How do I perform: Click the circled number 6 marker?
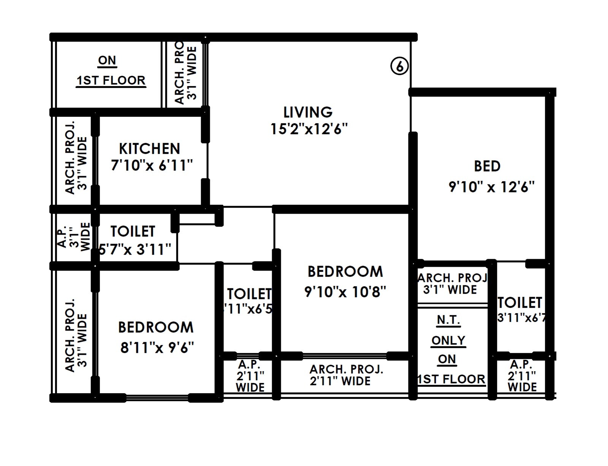point(399,66)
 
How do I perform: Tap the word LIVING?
point(308,112)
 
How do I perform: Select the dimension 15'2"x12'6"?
point(309,129)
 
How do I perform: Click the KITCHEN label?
point(149,148)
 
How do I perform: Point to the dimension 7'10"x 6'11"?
point(152,165)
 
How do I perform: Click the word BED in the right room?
point(487,166)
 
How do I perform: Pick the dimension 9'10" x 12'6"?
point(491,187)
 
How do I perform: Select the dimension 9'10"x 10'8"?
point(345,292)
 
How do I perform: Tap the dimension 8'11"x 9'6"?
point(157,347)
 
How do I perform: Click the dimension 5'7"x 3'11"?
point(135,249)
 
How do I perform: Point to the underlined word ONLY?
point(448,340)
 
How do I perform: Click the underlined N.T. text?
point(448,320)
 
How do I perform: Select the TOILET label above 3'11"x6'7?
point(520,303)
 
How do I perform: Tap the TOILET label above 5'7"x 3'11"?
point(133,231)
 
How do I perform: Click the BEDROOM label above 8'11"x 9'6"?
point(156,327)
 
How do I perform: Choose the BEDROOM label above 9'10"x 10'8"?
point(345,272)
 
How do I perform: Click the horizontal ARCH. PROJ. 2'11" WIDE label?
point(346,375)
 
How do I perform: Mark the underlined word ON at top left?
point(107,60)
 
